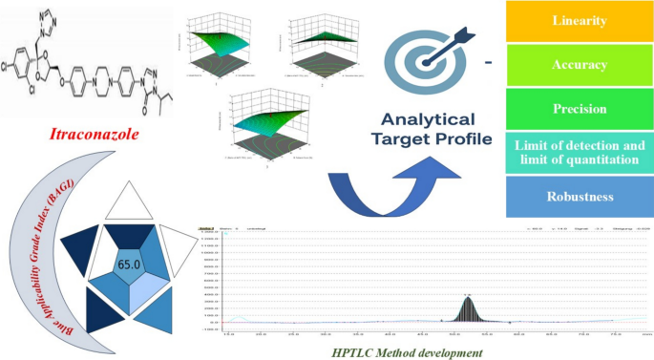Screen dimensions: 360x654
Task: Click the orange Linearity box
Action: (x=579, y=21)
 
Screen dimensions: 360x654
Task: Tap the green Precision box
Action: (x=579, y=108)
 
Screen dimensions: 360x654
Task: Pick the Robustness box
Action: (x=579, y=197)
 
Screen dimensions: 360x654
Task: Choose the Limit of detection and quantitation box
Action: (x=579, y=152)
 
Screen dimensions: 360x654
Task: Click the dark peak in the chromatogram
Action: (x=468, y=310)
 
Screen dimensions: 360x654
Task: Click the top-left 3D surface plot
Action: (x=219, y=42)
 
